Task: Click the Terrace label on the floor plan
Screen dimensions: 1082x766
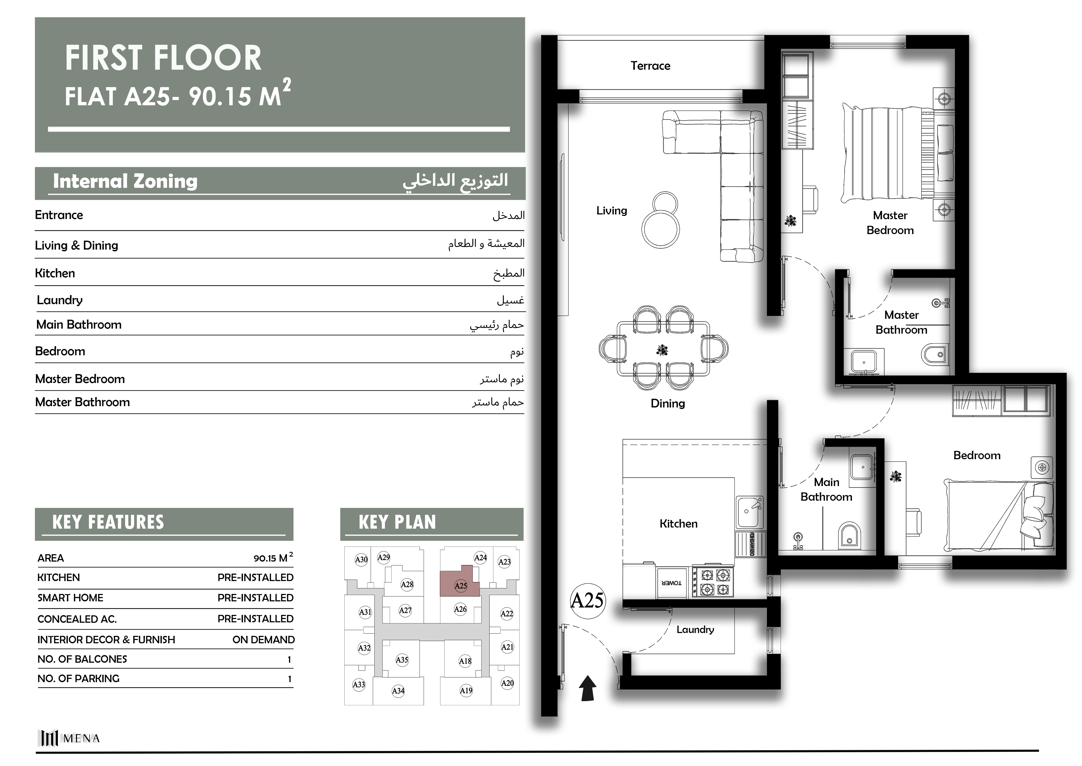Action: (650, 66)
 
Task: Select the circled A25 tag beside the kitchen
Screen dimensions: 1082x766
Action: (587, 600)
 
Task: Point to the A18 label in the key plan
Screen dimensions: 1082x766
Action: (465, 661)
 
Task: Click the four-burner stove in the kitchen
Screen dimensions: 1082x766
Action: (713, 581)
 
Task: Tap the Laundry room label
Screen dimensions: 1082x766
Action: (695, 630)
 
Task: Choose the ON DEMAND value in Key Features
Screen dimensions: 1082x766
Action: (263, 640)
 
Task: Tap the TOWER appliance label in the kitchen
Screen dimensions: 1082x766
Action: (672, 583)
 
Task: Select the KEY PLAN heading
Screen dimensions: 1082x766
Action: (397, 522)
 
